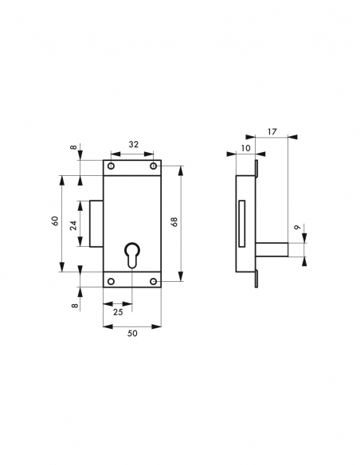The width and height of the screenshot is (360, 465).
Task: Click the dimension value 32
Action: [x=132, y=146]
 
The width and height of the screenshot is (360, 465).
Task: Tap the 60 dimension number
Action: [x=55, y=221]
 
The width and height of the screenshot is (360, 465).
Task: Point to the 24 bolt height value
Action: [x=73, y=225]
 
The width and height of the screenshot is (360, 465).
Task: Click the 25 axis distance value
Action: [x=117, y=311]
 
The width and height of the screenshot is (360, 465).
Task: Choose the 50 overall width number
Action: [x=132, y=334]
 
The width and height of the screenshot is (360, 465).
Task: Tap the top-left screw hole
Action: [x=112, y=166]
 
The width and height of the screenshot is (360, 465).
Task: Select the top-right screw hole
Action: [x=154, y=166]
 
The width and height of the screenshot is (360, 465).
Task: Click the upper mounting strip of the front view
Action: [x=132, y=166]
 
